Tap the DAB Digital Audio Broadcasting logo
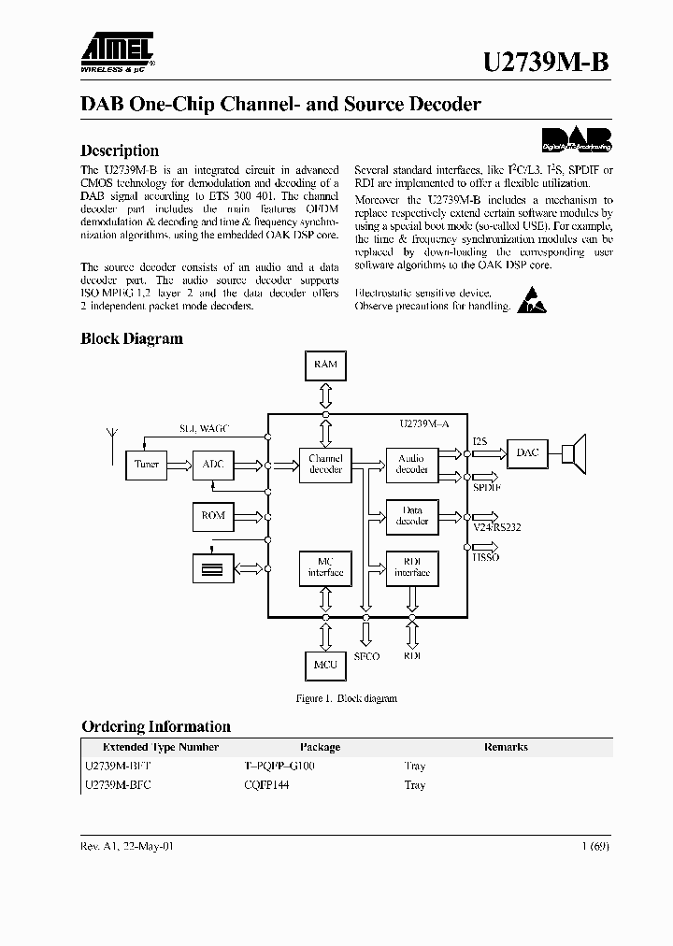577,138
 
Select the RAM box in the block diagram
325,365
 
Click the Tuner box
147,464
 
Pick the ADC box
213,464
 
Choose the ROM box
213,515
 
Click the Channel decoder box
325,464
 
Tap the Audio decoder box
411,464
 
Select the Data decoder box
411,515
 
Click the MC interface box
325,566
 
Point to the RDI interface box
411,566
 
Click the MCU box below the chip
325,664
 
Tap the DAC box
527,453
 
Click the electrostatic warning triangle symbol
529,299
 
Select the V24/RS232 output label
496,527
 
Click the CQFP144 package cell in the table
266,785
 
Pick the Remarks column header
506,747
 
